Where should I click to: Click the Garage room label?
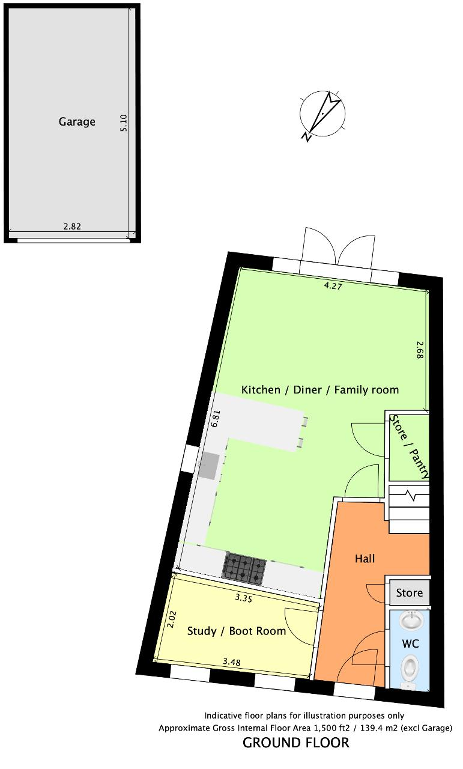click(77, 122)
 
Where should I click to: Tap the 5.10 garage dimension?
click(124, 123)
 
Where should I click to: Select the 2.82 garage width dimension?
click(72, 226)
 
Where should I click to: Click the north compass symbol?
click(322, 115)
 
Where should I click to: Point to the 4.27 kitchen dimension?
click(333, 285)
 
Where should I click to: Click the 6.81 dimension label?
click(215, 419)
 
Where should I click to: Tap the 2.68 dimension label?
click(420, 350)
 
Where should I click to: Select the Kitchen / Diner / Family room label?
click(320, 390)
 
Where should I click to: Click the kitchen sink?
click(210, 466)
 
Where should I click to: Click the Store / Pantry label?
click(410, 446)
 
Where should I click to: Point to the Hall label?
click(365, 559)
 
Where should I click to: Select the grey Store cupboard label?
click(409, 593)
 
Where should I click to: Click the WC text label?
click(411, 643)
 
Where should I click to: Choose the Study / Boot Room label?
click(237, 631)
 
